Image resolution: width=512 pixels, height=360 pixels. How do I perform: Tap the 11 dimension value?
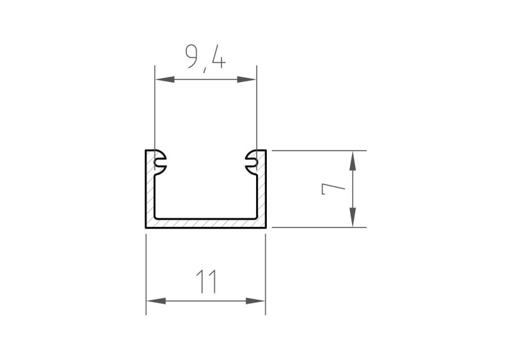point(206,281)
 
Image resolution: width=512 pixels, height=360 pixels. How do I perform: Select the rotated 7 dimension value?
point(334,189)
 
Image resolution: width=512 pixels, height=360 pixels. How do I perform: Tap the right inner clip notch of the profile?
point(250,161)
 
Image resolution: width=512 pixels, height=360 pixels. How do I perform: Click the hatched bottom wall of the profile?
point(205,222)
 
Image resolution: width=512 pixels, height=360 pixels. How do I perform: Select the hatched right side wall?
point(261,192)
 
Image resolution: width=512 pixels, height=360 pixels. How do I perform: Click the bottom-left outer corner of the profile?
point(146,227)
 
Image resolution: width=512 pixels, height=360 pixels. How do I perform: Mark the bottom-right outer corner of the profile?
point(266,227)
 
